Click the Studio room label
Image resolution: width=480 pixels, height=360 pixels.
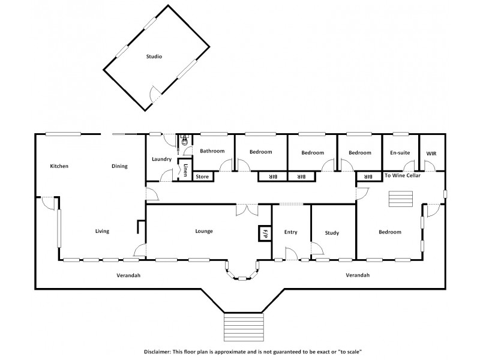coord(154,56)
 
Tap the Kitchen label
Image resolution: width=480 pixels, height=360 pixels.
coord(59,166)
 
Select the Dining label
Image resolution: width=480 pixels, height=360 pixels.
coord(119,166)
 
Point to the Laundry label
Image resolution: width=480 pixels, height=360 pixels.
coord(162,160)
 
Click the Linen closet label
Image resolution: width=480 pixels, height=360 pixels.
coord(186,169)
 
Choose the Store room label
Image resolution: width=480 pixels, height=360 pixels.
coord(202,177)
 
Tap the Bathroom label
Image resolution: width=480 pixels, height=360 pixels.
coord(212,151)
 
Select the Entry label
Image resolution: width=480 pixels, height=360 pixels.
coord(290,232)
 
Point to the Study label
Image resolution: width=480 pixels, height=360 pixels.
coord(332,233)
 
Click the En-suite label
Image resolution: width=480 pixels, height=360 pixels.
coord(400,153)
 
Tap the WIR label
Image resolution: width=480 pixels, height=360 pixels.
coord(431,154)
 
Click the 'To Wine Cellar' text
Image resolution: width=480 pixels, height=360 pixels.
coord(402,176)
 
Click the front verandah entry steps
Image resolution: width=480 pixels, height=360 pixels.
coord(244,327)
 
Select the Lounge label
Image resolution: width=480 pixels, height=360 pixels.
coord(204,231)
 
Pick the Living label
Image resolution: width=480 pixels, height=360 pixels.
coord(102,231)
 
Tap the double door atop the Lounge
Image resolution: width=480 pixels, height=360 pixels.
coord(247,209)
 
